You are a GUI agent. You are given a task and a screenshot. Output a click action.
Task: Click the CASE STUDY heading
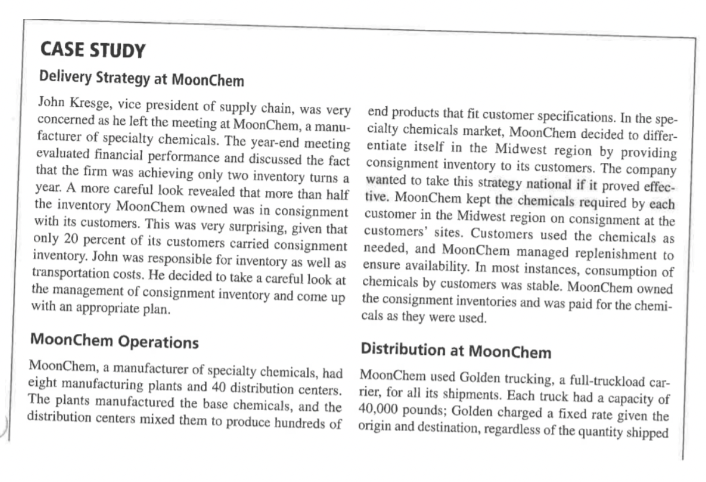(92, 51)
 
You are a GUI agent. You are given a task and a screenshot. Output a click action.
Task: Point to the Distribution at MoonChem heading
(456, 351)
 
